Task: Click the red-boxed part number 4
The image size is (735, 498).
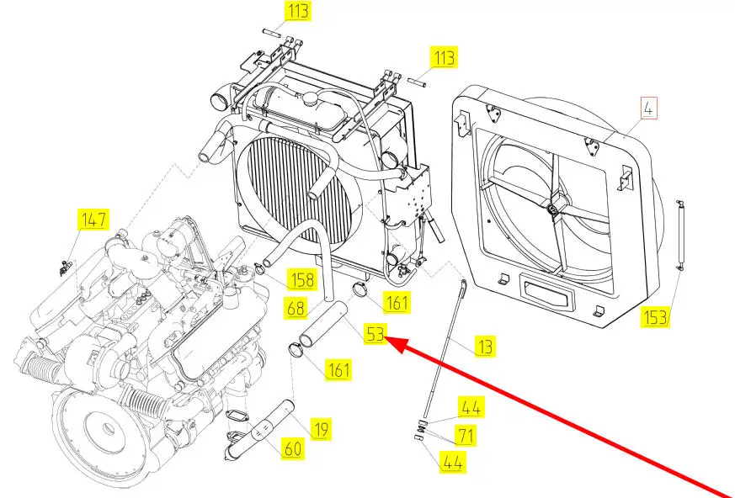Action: click(x=648, y=109)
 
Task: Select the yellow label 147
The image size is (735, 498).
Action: click(x=93, y=220)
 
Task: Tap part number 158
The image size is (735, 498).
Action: click(x=302, y=279)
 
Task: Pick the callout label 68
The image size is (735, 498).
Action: click(x=296, y=309)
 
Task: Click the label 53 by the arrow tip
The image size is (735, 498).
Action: click(x=375, y=334)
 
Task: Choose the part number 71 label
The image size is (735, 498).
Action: click(x=466, y=435)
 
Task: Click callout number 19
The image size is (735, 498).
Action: click(x=321, y=428)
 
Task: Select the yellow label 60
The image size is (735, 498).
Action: click(x=292, y=448)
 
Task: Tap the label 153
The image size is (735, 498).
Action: click(x=655, y=317)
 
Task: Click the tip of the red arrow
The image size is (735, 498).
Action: click(x=388, y=339)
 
